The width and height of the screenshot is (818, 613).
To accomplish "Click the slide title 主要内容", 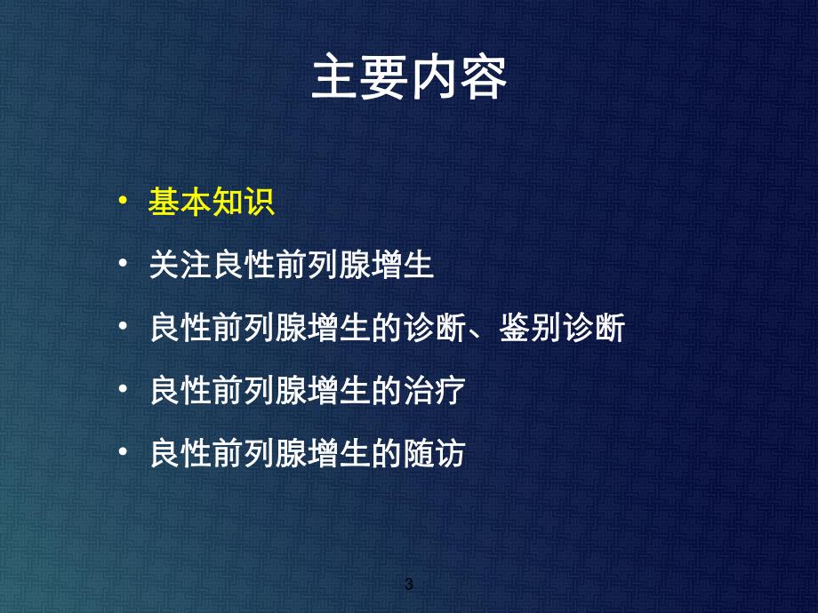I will click(x=409, y=81).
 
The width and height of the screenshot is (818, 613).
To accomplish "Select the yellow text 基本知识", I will click(x=211, y=203).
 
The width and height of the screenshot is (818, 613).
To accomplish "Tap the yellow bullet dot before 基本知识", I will click(x=123, y=203).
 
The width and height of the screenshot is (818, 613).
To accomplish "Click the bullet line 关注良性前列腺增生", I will click(x=292, y=266).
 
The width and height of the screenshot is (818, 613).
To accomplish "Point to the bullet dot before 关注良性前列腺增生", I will click(x=123, y=266).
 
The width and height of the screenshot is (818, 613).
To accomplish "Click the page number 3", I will click(x=409, y=585).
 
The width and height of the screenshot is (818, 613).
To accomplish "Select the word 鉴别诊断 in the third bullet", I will click(x=561, y=329).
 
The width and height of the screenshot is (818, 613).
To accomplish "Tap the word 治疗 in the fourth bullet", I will click(x=434, y=392).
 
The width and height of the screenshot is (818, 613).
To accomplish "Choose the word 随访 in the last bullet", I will click(x=434, y=455).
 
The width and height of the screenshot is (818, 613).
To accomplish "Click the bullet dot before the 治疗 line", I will click(x=123, y=392).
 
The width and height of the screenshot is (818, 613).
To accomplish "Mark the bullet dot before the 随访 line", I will click(x=123, y=455).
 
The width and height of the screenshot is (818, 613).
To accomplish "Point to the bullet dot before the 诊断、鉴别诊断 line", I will click(x=123, y=329).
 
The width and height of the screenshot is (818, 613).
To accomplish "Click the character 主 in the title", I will click(x=335, y=81).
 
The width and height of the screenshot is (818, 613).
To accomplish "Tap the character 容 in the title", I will click(x=483, y=81).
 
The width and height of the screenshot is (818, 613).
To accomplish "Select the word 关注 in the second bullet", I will click(x=180, y=266).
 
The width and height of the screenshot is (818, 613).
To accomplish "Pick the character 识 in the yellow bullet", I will click(x=259, y=203).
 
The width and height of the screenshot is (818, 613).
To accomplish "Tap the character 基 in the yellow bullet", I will click(x=164, y=203).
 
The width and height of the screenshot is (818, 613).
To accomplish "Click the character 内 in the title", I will click(x=434, y=81).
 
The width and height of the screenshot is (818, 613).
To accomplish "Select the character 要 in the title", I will click(x=384, y=81).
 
